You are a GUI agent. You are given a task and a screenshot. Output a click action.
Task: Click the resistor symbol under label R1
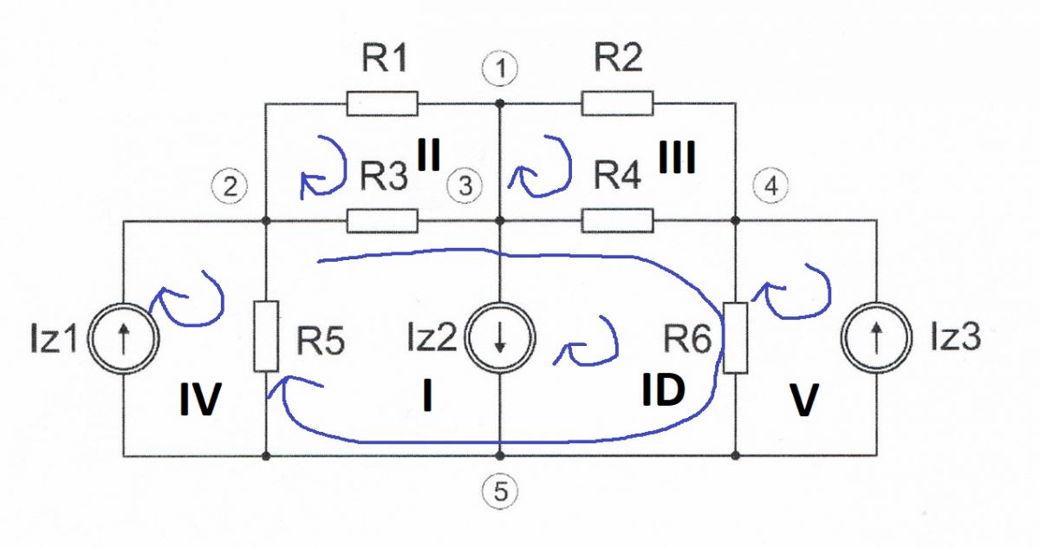click(382, 103)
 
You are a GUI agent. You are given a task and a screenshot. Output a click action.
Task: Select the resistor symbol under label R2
click(617, 103)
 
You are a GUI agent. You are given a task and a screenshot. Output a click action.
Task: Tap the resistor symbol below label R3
click(382, 220)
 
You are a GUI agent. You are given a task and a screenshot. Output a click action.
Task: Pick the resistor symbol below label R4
click(617, 220)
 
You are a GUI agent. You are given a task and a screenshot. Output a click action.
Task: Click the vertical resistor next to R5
click(266, 336)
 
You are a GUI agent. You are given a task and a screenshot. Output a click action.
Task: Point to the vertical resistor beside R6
click(736, 337)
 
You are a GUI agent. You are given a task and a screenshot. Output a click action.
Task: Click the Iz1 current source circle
click(123, 338)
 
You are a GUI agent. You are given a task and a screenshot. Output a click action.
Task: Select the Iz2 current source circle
click(499, 338)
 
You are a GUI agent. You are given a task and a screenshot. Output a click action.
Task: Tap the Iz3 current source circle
click(876, 338)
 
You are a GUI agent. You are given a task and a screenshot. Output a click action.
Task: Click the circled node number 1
click(500, 68)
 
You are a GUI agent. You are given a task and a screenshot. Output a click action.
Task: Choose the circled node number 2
click(230, 186)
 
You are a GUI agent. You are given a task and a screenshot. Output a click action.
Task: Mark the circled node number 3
click(465, 186)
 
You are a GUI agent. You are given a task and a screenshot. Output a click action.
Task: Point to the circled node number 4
click(771, 186)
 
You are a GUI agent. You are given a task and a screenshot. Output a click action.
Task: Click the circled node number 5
click(500, 491)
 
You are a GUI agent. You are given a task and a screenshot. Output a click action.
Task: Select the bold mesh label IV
click(200, 399)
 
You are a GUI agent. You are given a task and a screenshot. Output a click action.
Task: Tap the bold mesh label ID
click(663, 390)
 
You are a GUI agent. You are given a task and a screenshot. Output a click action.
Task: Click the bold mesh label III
click(677, 158)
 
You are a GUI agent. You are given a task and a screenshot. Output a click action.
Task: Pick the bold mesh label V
click(803, 400)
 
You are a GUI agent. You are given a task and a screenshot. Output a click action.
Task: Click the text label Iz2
click(432, 337)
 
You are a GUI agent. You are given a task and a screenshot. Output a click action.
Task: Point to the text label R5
click(321, 341)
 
